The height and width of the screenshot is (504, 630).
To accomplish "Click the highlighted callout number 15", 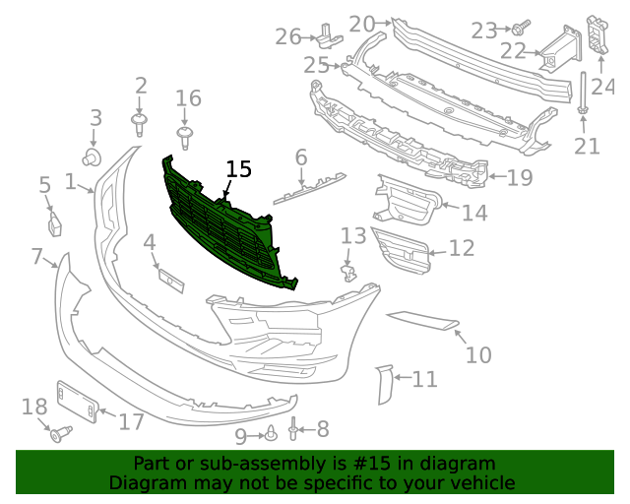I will click(x=238, y=169).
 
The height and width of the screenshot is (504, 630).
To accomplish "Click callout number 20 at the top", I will click(x=362, y=23).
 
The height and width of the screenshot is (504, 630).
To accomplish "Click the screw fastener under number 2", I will click(x=140, y=123).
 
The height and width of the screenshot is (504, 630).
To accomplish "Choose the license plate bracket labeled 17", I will click(x=77, y=404).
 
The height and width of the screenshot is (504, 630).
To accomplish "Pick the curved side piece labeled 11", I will click(x=384, y=384).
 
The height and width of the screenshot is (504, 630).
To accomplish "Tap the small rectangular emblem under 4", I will click(x=171, y=280).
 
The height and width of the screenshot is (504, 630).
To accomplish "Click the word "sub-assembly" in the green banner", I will click(x=243, y=464).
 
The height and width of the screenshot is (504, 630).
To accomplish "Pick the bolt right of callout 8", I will click(x=294, y=429).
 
